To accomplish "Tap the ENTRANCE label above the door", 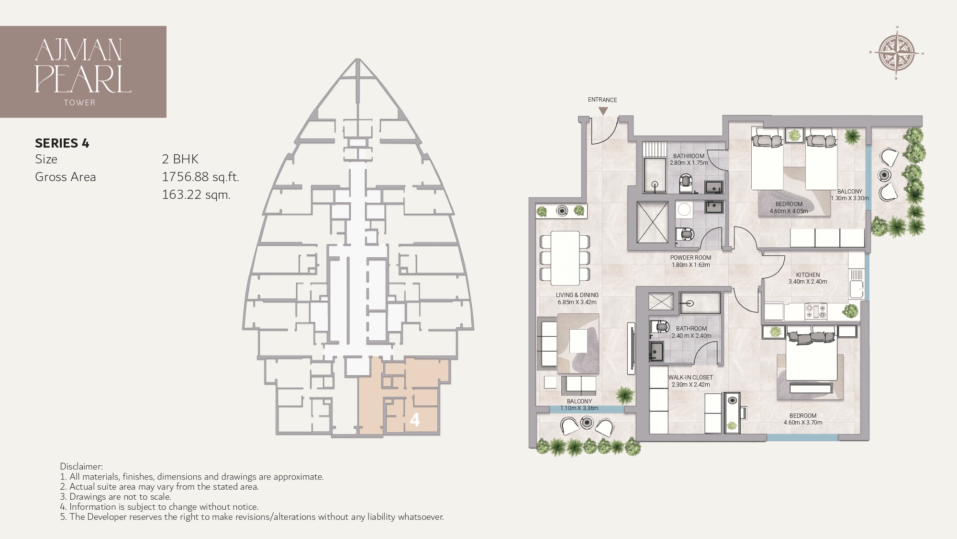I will point(602,100).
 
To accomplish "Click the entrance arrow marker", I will point(603,111).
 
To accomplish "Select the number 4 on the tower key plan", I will point(415,420).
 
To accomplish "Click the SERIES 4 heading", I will point(62,143).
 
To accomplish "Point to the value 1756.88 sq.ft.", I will point(200,177).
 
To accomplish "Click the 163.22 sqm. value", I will point(196,195).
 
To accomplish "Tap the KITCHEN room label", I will point(808,275).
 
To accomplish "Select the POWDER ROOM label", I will point(690,258).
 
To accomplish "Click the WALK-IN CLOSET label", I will point(690,378).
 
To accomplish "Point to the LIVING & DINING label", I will point(577,295).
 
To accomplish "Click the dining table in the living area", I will point(565,258).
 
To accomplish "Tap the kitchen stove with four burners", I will point(816,312).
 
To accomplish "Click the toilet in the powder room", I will point(686,234).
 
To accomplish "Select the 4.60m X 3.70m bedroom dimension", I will point(803,423).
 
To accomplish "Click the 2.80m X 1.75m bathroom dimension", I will point(689,163).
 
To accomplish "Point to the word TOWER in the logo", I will point(79,103).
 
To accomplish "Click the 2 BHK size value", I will point(180,159).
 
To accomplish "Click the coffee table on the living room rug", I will point(578,341).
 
